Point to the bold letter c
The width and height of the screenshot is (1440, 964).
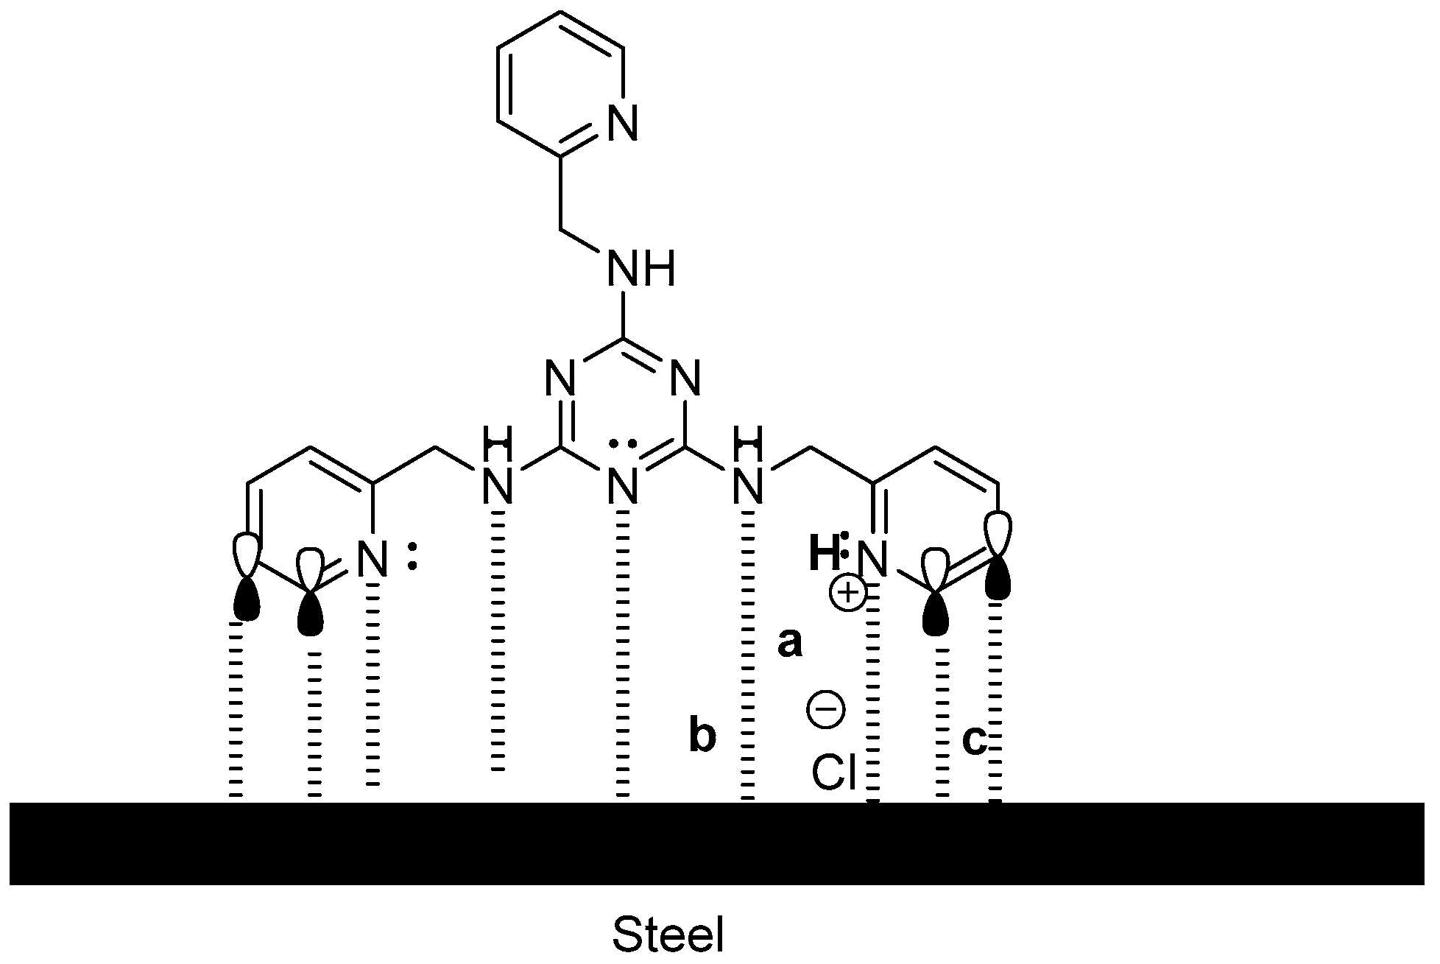coord(975,740)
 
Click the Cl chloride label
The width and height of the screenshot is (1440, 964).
coord(833,773)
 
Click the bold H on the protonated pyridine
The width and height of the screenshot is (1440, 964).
coord(824,556)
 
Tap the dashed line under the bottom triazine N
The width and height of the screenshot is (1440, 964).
coord(624,655)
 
